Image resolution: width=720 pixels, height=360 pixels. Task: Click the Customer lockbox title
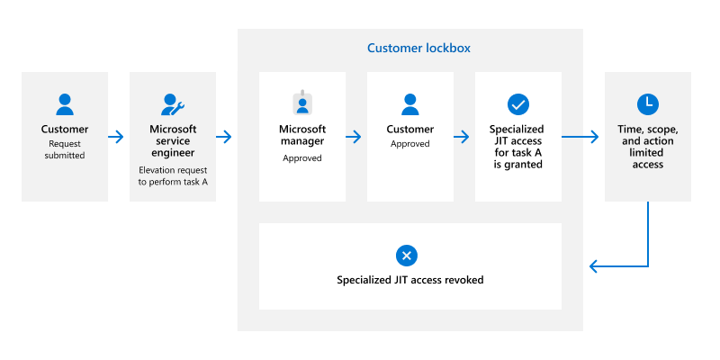click(418, 48)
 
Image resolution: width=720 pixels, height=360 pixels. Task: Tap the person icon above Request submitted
click(65, 104)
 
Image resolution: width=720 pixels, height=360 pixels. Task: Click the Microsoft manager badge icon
click(301, 103)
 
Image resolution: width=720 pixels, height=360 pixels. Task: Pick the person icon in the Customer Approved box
click(410, 104)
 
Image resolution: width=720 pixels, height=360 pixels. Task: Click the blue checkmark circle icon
click(517, 104)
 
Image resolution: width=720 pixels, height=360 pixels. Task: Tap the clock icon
click(647, 104)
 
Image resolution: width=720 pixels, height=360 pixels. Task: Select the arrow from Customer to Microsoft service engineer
click(116, 137)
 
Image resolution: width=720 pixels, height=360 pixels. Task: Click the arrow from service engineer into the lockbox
click(224, 137)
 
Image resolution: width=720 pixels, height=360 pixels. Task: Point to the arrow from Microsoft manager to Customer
click(353, 137)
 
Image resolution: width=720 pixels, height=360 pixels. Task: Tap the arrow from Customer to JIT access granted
click(461, 137)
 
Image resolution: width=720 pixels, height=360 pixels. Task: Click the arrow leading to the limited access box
click(581, 137)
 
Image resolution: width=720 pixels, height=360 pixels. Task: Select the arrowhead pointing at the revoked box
click(593, 265)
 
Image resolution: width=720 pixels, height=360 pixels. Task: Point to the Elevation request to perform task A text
click(173, 175)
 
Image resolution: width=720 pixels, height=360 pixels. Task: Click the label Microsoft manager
click(301, 135)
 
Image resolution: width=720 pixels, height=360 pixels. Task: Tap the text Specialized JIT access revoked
click(409, 280)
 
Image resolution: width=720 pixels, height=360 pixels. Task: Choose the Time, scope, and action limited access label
click(647, 147)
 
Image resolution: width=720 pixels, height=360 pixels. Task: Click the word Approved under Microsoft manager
click(301, 158)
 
